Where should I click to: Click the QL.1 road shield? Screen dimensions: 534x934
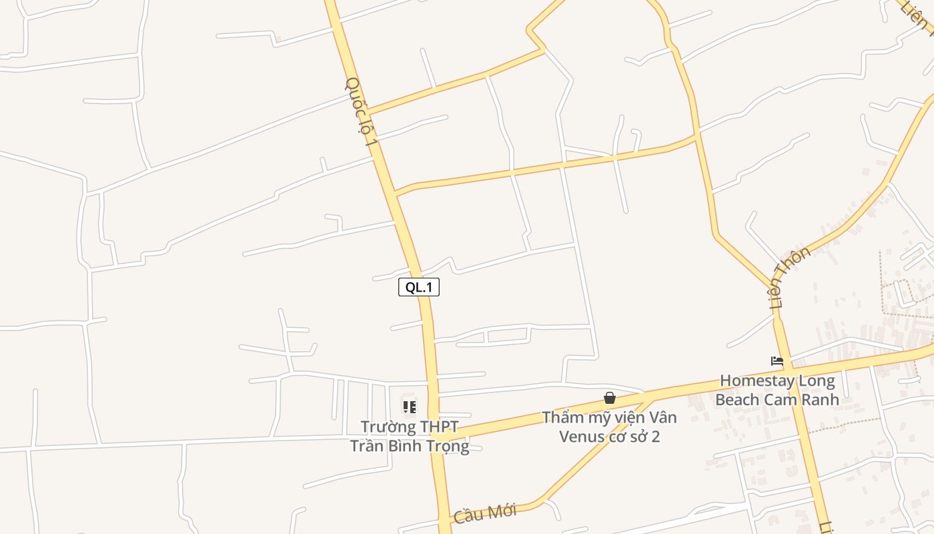(419, 288)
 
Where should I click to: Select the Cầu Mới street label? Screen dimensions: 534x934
(485, 513)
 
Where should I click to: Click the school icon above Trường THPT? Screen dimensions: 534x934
(410, 407)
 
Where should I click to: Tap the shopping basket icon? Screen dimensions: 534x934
(609, 398)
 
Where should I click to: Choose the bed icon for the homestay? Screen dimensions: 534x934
(777, 361)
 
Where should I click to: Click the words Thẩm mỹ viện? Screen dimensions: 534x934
(587, 418)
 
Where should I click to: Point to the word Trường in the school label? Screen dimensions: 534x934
(386, 427)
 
